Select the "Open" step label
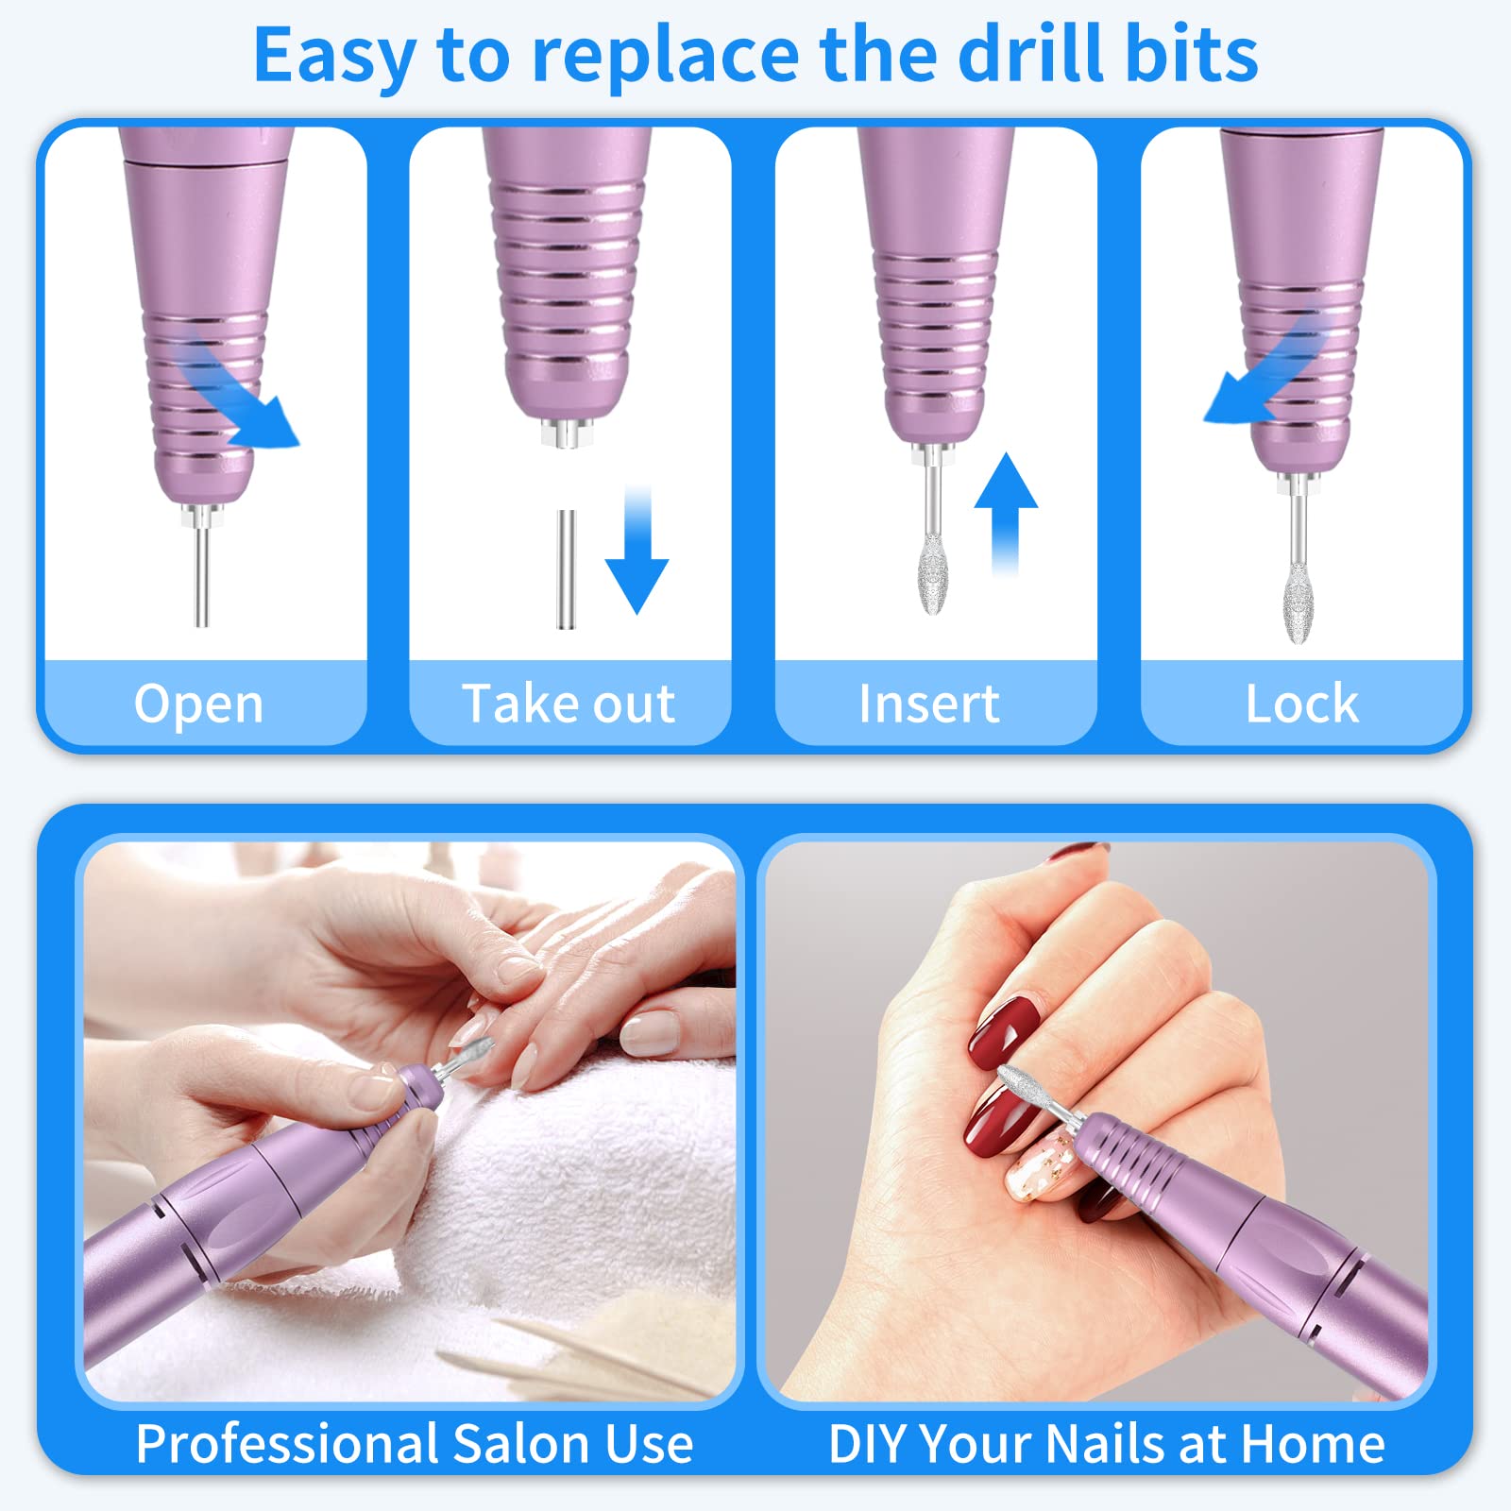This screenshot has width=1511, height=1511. coord(199,705)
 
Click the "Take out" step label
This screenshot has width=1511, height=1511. coord(569,704)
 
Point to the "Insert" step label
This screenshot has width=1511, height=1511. coord(929,704)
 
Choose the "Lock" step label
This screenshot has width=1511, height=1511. coord(1302,704)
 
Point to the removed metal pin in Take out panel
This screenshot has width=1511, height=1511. coord(566,569)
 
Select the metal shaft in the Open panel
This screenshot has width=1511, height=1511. coord(201,576)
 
